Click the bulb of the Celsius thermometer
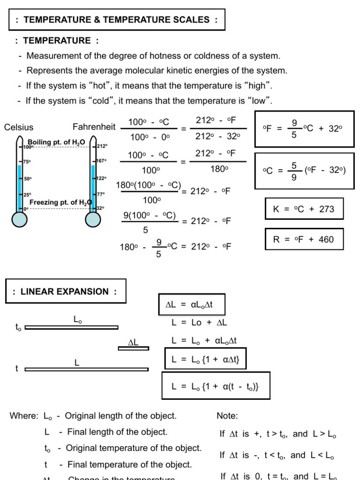(19, 219)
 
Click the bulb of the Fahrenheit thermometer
(93, 219)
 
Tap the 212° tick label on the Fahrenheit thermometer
(102, 146)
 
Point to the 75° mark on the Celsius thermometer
(27, 162)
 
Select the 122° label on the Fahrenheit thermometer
(102, 178)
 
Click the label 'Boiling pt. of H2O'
(56, 142)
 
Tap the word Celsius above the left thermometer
(19, 127)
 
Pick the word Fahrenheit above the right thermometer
(94, 127)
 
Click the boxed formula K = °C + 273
(304, 209)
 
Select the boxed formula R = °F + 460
(304, 240)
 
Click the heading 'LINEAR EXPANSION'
(65, 292)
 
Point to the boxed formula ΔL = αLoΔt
(189, 305)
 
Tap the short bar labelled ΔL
(134, 348)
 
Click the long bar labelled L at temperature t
(87, 369)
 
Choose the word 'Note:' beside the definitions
(227, 416)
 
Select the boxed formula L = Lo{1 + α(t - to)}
(216, 386)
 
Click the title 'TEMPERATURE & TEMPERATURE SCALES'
(117, 20)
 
